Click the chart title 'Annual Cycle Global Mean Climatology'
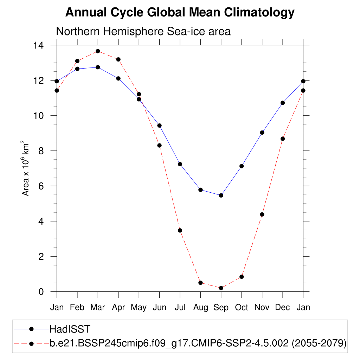[180, 13]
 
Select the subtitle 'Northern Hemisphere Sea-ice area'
[143, 31]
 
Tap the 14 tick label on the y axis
[38, 45]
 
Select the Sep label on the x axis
[221, 308]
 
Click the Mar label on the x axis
[98, 308]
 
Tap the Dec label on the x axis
[282, 308]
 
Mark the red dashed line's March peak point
[98, 51]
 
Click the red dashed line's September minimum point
[221, 288]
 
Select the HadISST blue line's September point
[221, 195]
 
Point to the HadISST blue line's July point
[180, 164]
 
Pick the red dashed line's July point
[180, 231]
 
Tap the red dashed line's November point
[262, 214]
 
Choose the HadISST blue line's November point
[262, 133]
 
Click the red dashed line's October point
[242, 277]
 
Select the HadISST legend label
[70, 329]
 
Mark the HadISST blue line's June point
[159, 126]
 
